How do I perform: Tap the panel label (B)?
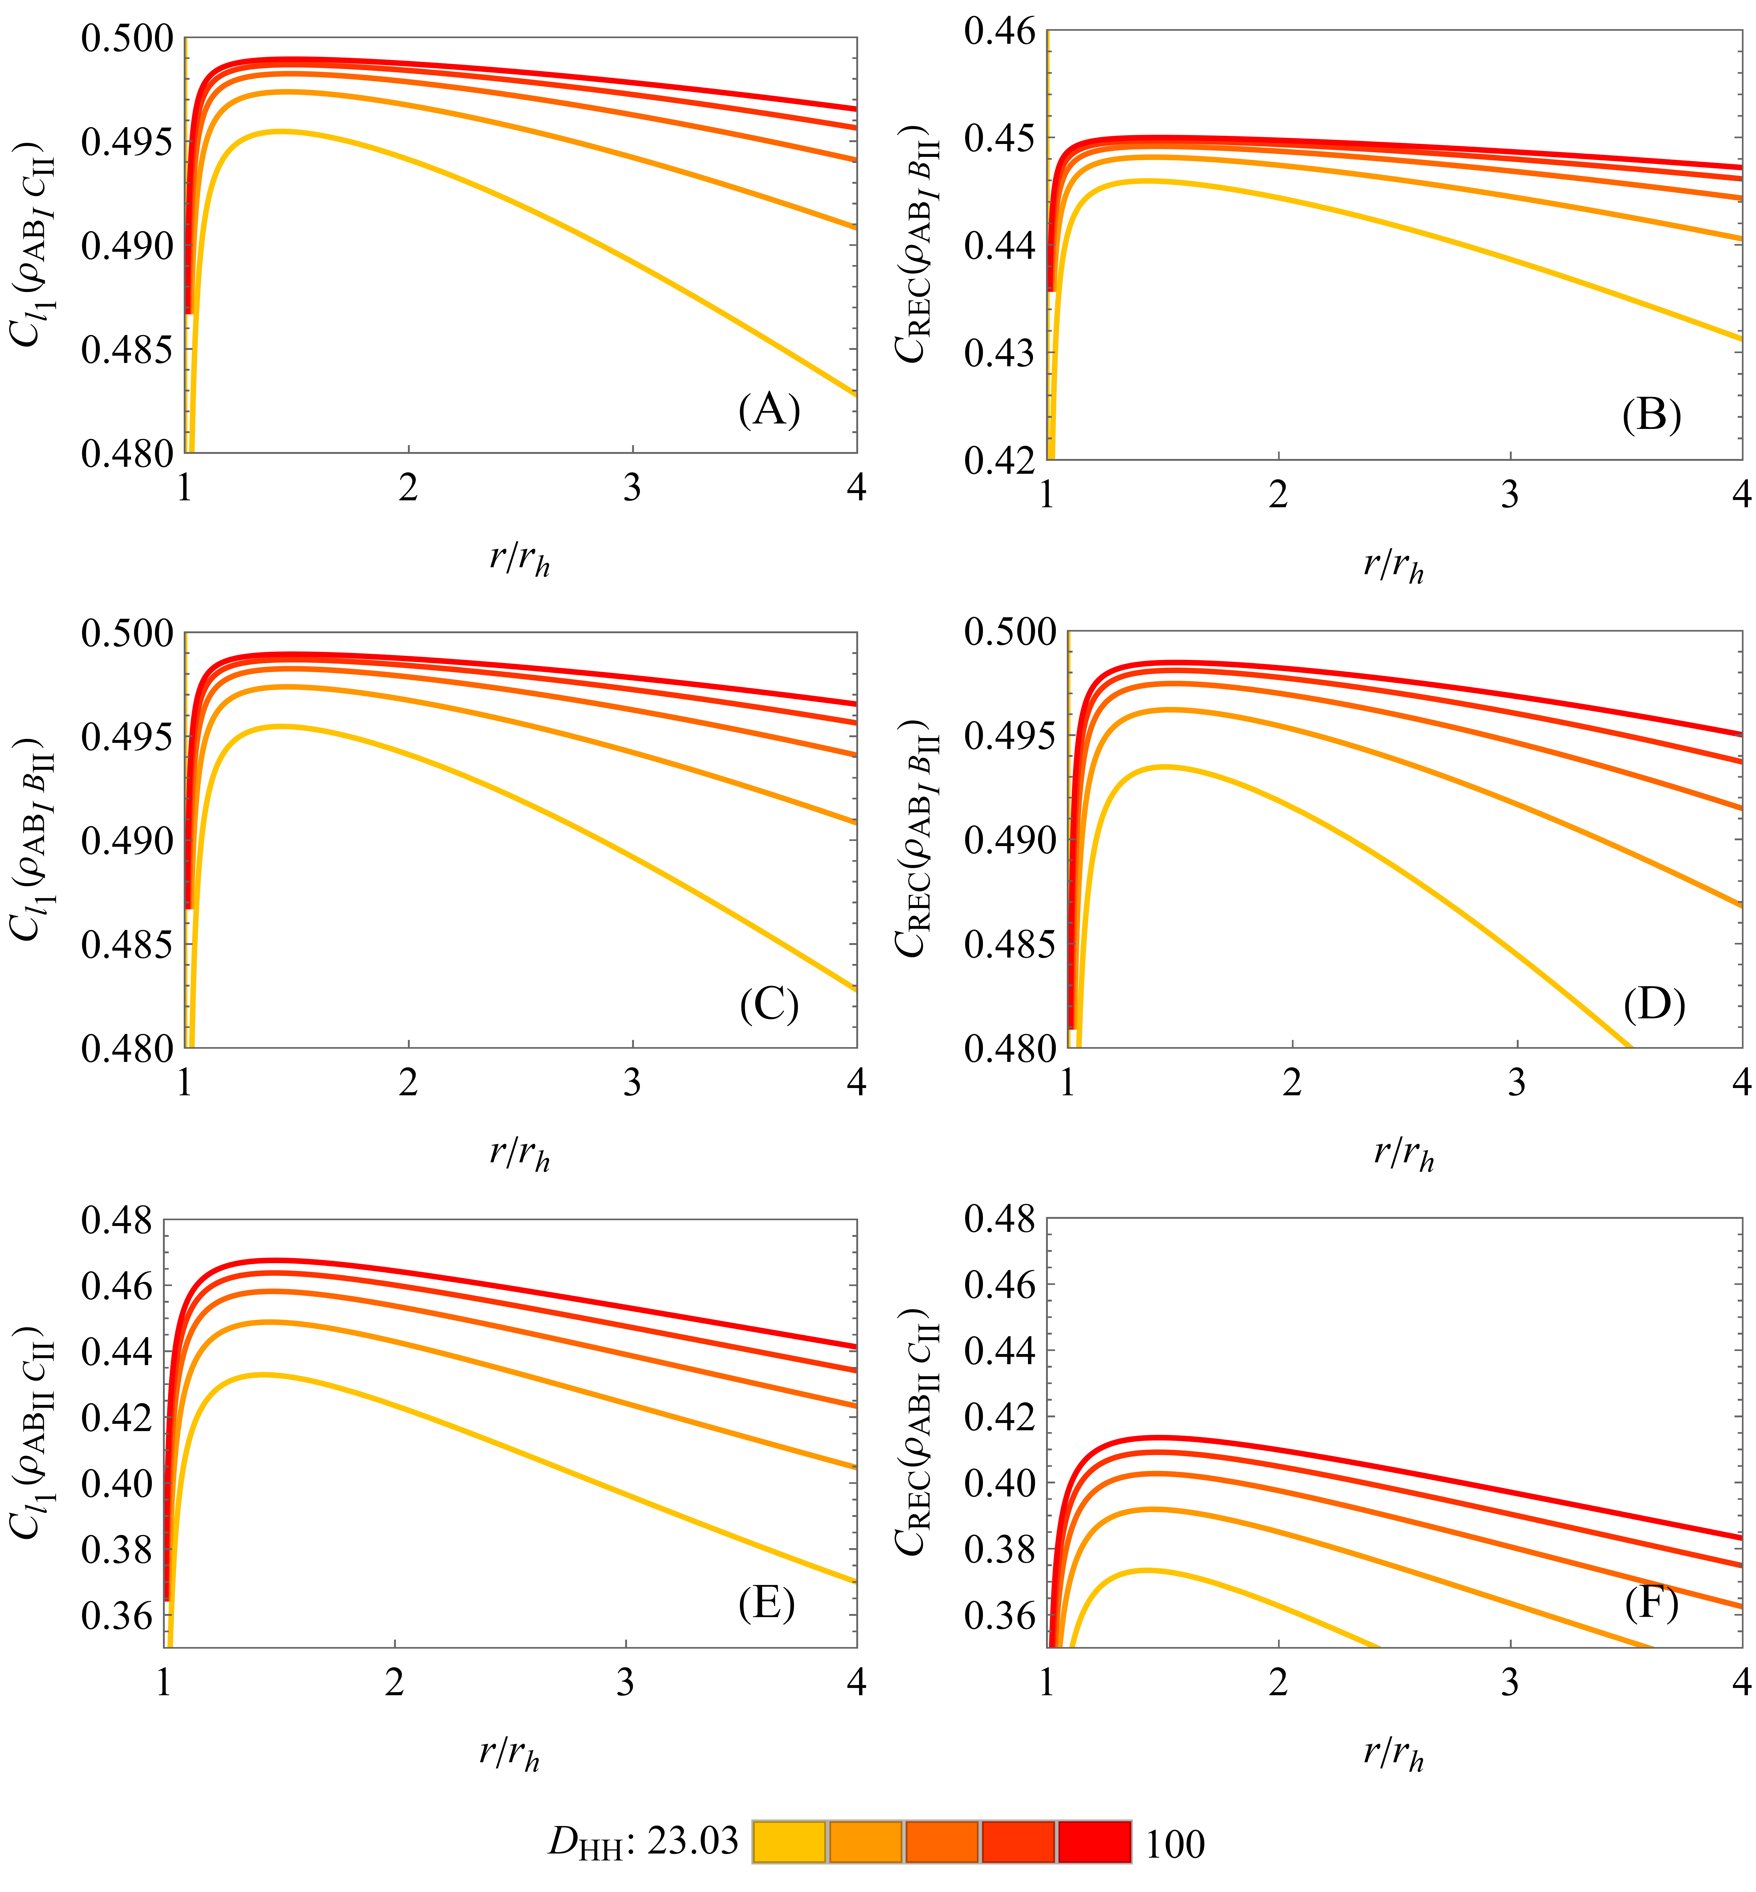[x=1652, y=415]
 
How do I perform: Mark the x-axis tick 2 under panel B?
[x=1279, y=494]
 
